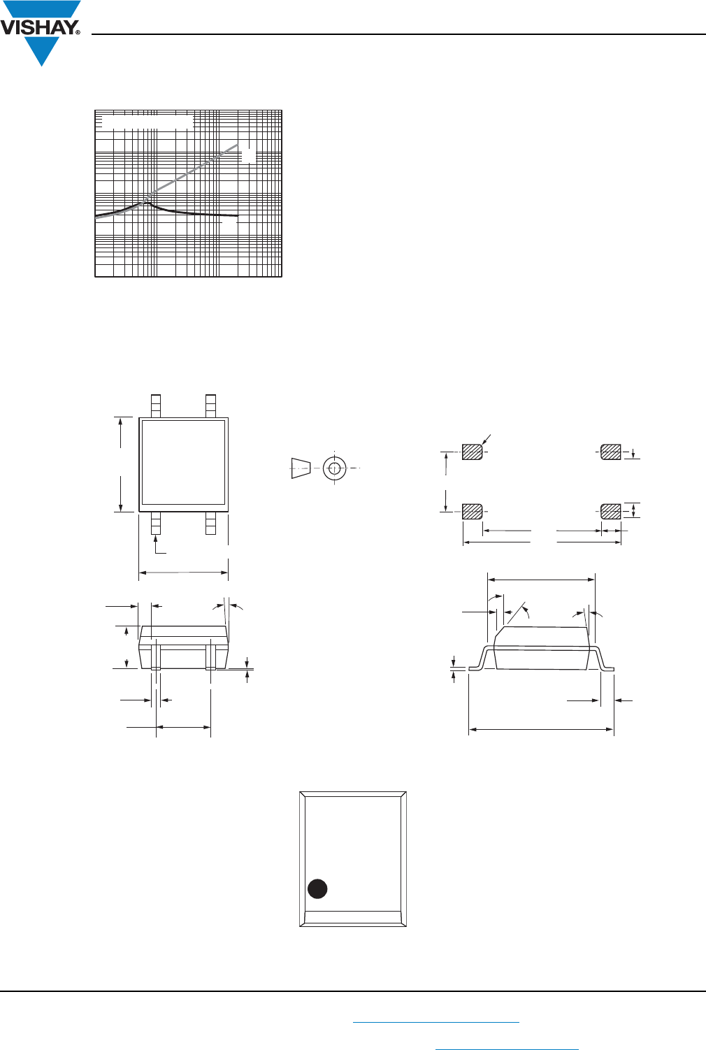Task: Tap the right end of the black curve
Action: click(237, 215)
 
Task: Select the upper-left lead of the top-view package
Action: click(156, 405)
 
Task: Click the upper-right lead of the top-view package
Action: click(210, 405)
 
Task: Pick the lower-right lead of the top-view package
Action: click(210, 523)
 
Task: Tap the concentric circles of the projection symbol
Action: click(335, 468)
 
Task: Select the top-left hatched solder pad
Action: click(472, 452)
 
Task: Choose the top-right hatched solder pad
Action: click(611, 452)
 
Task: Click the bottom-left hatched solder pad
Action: click(472, 511)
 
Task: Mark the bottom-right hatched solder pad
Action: click(611, 511)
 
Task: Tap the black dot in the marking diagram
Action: click(317, 889)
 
